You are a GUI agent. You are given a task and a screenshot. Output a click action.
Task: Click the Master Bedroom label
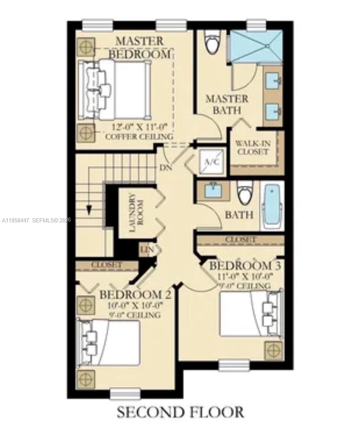click(140, 47)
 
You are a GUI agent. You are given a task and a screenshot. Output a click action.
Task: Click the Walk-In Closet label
click(253, 147)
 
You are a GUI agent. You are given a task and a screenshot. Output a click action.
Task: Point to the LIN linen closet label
click(146, 250)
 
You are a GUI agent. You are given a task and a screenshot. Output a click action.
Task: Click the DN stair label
click(165, 167)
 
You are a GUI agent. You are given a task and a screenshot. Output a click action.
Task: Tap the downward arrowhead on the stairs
click(89, 211)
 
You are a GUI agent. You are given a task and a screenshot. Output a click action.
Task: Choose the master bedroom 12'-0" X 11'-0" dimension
click(140, 127)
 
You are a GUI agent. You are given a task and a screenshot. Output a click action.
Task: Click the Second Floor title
click(180, 412)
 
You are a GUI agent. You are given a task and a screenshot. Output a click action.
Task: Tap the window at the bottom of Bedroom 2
click(125, 394)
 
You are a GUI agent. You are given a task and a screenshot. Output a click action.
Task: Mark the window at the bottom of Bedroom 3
click(234, 365)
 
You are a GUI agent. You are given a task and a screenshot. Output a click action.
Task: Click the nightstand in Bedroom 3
click(274, 350)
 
